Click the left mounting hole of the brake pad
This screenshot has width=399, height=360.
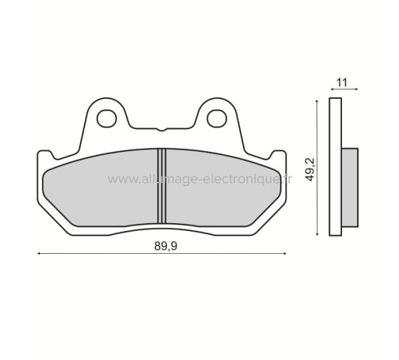coord(107,115)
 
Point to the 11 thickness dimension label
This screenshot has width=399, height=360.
coord(342,81)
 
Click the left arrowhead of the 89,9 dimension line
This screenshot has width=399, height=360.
coord(39,252)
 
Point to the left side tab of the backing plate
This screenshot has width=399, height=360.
coord(43,155)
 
